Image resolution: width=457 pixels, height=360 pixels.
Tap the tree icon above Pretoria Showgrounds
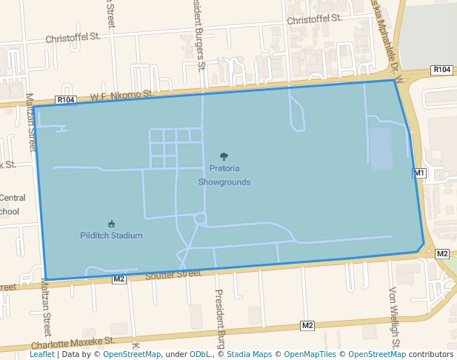[x=224, y=156]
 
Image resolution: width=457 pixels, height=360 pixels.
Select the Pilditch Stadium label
[x=111, y=236]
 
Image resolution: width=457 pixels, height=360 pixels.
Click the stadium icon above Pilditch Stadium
[x=111, y=224]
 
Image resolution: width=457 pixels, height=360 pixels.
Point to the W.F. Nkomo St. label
[x=121, y=96]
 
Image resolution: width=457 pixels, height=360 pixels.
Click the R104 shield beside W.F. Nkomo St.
[x=66, y=99]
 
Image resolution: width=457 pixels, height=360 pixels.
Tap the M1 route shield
[x=419, y=173]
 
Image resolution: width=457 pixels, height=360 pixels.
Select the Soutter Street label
[x=173, y=274]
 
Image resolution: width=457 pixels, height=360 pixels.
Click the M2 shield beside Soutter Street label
[x=119, y=279]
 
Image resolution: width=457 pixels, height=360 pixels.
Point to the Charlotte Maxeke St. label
[x=73, y=342]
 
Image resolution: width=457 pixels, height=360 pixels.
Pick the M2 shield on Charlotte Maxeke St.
[x=307, y=325]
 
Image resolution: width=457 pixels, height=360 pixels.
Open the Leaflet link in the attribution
[x=41, y=354]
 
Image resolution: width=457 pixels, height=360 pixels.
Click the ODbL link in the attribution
[x=199, y=354]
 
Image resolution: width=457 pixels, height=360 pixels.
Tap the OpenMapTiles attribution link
[x=307, y=354]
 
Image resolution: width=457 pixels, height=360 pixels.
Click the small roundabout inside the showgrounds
[x=200, y=219]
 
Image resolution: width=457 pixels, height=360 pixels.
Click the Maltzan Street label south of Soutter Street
[x=46, y=311]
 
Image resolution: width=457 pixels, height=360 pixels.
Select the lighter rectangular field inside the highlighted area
[x=380, y=149]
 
